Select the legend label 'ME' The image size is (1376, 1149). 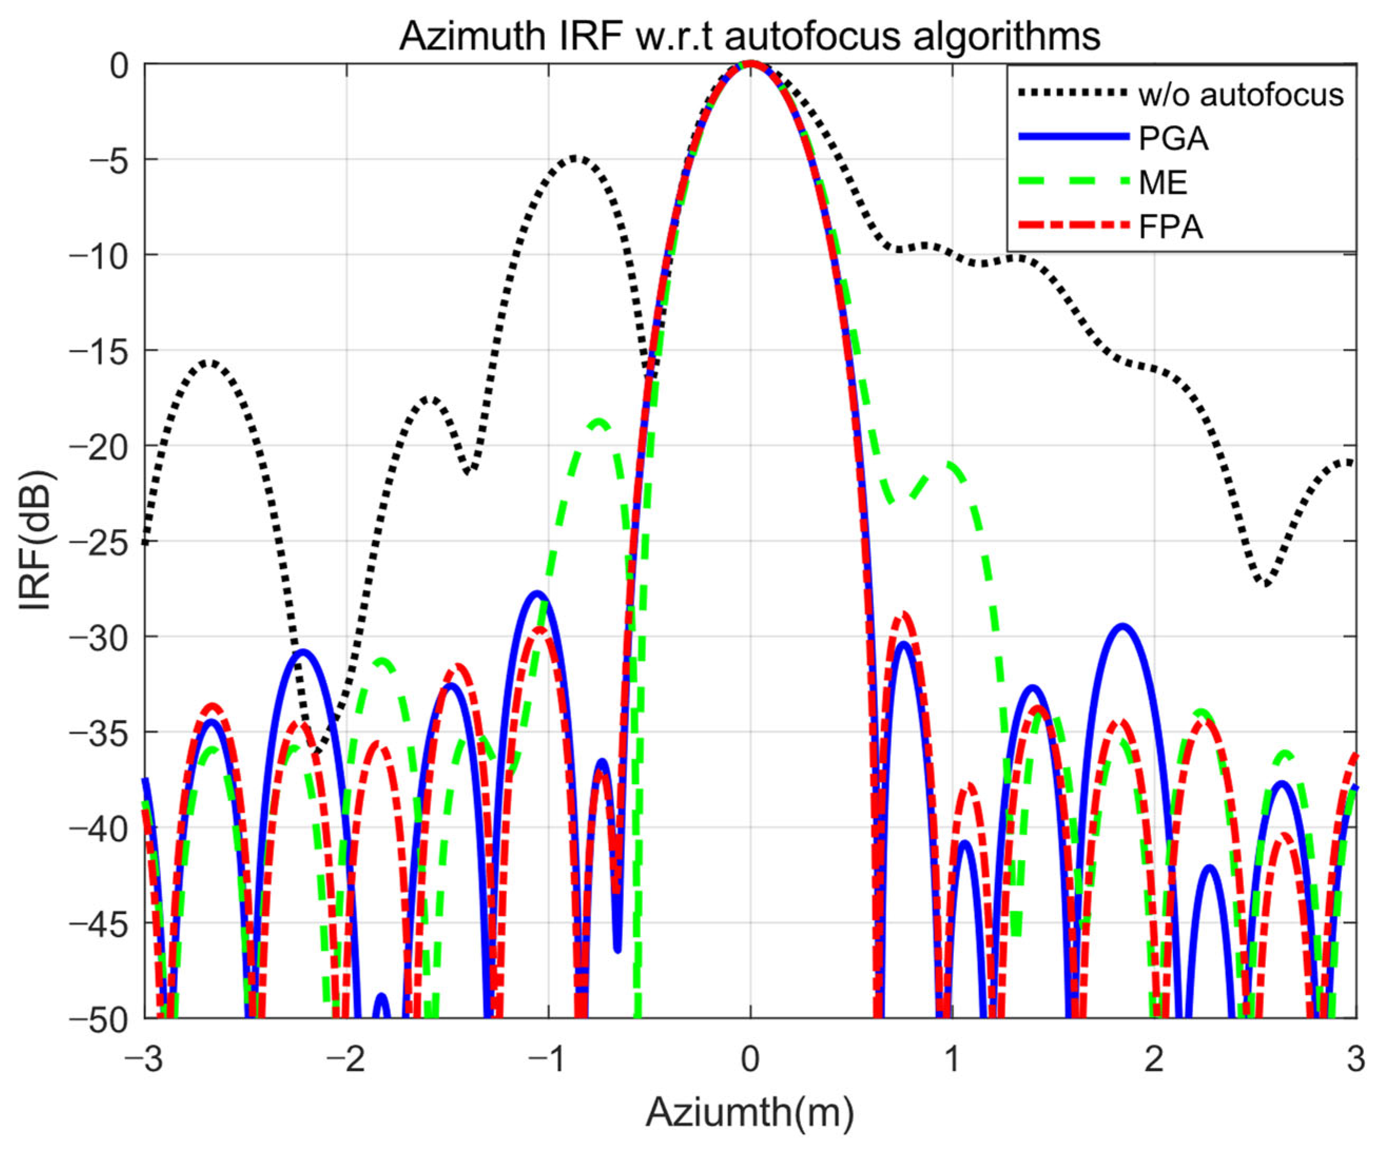pos(1163,182)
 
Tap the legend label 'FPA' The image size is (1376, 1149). pos(1171,228)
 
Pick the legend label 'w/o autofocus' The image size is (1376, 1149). pos(1241,95)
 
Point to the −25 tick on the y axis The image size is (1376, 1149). pos(97,541)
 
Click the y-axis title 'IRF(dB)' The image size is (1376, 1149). pos(36,541)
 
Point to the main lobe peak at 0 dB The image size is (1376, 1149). pos(750,64)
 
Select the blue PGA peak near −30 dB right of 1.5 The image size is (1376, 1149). pos(1123,627)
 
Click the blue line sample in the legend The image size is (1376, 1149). pos(1075,137)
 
